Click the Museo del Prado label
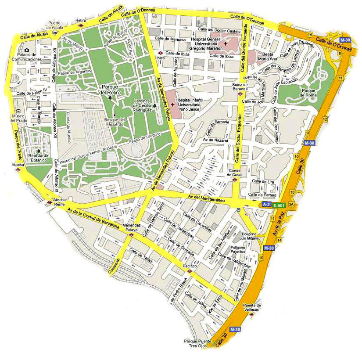pos(19,118)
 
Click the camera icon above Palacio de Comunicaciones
pos(27,50)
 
